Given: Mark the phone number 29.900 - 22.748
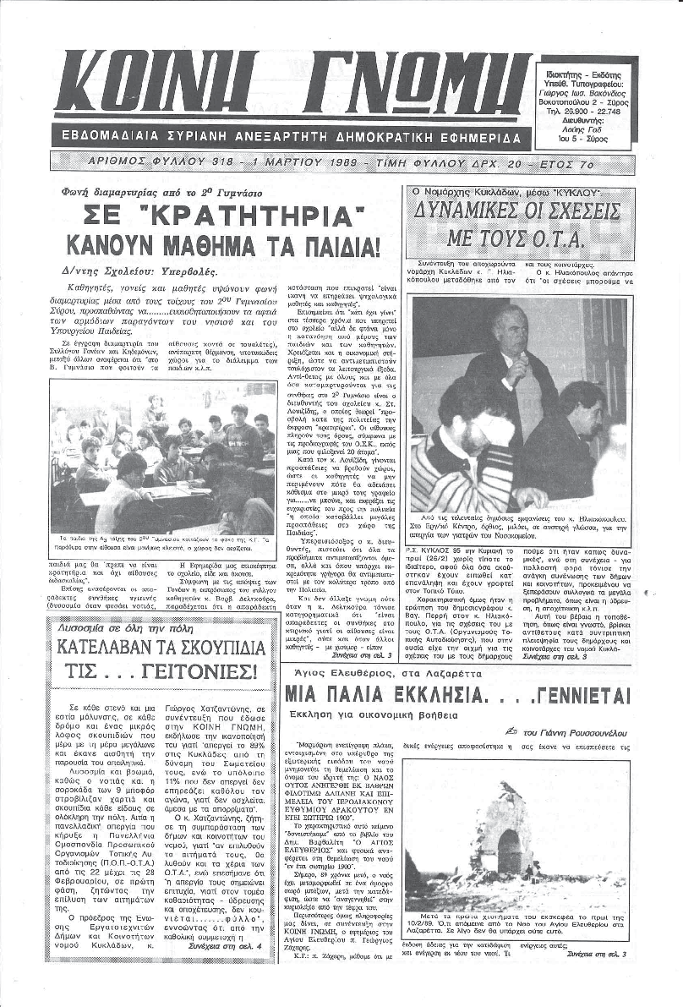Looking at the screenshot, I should click(582, 111).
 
